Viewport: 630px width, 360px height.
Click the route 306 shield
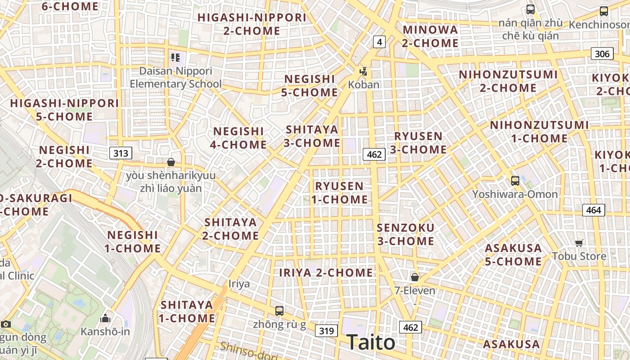click(x=602, y=54)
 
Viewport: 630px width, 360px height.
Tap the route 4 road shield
click(x=379, y=42)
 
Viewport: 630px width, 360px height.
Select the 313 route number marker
click(x=121, y=153)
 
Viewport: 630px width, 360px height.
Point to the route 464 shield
click(x=594, y=210)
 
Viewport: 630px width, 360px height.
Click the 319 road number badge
click(x=326, y=331)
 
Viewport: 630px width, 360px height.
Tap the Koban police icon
click(x=363, y=72)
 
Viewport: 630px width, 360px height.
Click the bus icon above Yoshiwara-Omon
click(x=515, y=181)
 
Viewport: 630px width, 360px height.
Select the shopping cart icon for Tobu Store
click(x=579, y=243)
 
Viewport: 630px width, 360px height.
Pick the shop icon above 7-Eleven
click(x=414, y=277)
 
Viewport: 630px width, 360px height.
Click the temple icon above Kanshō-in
click(x=105, y=319)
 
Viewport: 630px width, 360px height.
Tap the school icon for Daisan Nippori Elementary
click(x=175, y=58)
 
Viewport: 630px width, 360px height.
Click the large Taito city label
click(x=371, y=342)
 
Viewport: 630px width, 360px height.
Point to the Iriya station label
click(x=239, y=284)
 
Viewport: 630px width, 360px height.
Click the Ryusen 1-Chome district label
click(x=339, y=193)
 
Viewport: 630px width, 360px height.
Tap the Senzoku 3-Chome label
click(x=405, y=234)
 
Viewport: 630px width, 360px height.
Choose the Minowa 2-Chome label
click(x=430, y=36)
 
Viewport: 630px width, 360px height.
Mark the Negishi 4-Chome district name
click(x=238, y=138)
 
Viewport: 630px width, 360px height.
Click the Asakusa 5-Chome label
click(x=513, y=255)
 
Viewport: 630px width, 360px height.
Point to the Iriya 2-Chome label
click(x=326, y=273)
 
